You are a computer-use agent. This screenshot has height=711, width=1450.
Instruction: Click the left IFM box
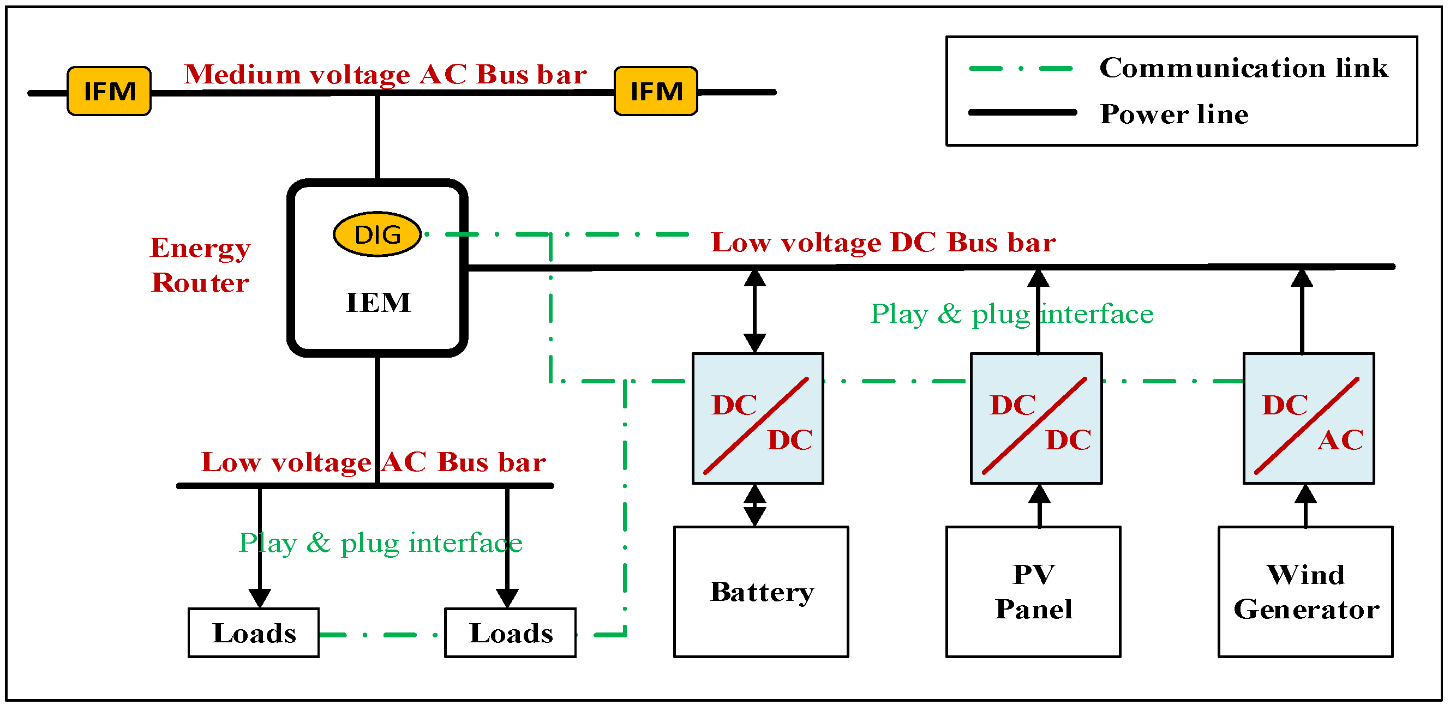109,91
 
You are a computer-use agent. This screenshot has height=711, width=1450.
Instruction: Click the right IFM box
656,91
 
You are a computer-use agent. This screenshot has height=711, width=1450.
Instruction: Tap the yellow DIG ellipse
377,234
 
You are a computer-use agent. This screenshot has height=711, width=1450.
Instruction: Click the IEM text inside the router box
378,303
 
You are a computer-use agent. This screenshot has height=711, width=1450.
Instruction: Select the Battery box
761,592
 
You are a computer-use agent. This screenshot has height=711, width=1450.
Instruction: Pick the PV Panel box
1033,592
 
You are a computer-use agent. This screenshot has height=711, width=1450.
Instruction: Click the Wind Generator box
1305,592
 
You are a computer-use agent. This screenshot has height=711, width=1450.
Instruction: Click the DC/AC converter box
1309,419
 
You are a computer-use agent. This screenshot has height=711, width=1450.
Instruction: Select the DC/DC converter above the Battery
758,419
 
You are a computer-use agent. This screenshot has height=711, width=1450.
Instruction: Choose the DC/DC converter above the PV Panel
1036,419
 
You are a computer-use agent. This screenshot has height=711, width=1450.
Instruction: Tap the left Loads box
254,633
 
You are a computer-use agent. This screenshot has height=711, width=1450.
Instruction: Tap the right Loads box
511,633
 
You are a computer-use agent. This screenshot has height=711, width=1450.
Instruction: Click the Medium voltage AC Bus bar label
386,74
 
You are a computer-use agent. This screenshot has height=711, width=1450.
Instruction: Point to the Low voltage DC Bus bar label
883,243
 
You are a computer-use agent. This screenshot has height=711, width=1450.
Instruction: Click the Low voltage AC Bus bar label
373,462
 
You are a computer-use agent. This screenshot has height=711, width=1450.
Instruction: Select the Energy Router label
200,265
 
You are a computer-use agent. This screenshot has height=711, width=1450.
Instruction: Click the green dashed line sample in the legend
1021,69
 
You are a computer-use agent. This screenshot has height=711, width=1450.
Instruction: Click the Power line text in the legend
1174,114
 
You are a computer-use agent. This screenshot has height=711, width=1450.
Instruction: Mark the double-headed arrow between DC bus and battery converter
755,311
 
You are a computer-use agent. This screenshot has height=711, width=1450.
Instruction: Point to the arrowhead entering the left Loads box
260,598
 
